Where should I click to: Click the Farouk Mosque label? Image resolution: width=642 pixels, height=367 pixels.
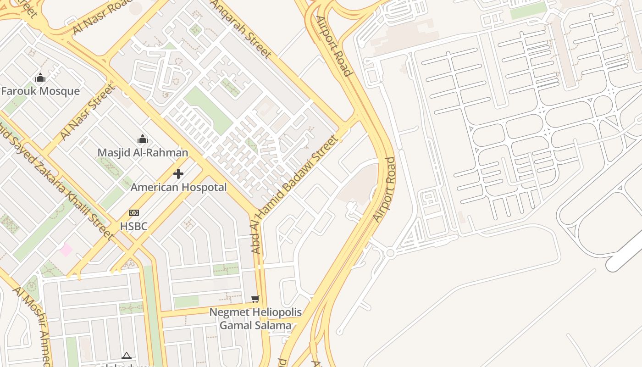tap(40, 91)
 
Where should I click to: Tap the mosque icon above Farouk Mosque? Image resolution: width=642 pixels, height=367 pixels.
tap(40, 78)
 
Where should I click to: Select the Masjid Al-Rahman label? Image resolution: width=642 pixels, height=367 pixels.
tap(143, 152)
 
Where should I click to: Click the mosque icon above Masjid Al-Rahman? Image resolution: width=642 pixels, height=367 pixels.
tap(143, 139)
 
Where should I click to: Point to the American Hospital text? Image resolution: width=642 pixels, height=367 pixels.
tap(178, 187)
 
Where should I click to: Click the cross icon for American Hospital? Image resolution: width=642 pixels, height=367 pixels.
tap(178, 174)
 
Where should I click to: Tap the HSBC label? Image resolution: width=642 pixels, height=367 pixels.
tap(133, 226)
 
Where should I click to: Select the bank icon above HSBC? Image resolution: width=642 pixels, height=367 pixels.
tap(133, 213)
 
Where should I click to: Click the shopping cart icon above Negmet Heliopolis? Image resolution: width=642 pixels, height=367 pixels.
tap(255, 299)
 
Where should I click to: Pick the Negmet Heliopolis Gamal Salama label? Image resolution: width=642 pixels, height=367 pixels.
tap(255, 319)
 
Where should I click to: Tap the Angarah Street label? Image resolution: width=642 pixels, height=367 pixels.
tap(241, 28)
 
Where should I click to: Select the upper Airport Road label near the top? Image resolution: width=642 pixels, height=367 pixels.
tap(334, 46)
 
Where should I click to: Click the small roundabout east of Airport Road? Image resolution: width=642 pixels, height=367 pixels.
tap(390, 253)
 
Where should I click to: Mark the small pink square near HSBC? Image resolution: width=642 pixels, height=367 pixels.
tap(66, 250)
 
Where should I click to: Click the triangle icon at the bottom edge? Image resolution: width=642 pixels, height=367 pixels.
tap(127, 356)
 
